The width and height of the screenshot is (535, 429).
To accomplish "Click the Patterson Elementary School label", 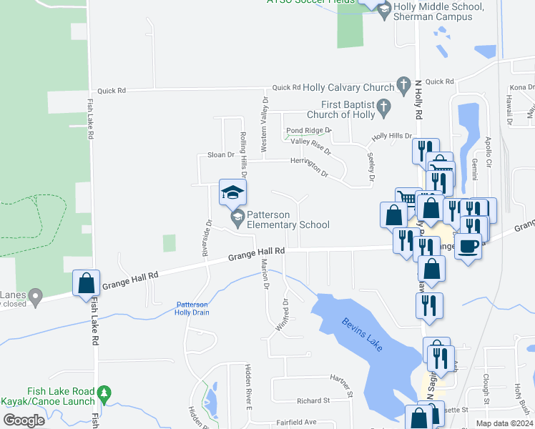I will (x=288, y=220).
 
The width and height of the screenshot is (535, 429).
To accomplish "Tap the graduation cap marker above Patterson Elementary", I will (x=232, y=192).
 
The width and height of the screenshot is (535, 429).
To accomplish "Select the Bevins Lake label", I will (x=362, y=334).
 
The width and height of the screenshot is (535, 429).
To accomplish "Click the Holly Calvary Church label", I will (x=349, y=87).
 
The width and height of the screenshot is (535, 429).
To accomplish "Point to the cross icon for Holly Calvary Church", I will (x=403, y=84).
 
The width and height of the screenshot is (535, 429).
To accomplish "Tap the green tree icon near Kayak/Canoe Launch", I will (x=105, y=393).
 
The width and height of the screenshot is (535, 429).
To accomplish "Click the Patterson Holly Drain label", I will (x=192, y=309).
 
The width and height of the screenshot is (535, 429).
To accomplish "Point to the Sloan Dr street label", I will (x=221, y=154).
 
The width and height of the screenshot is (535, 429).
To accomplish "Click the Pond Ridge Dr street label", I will (x=309, y=131).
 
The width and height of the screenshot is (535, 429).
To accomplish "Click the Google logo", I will (x=24, y=420).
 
